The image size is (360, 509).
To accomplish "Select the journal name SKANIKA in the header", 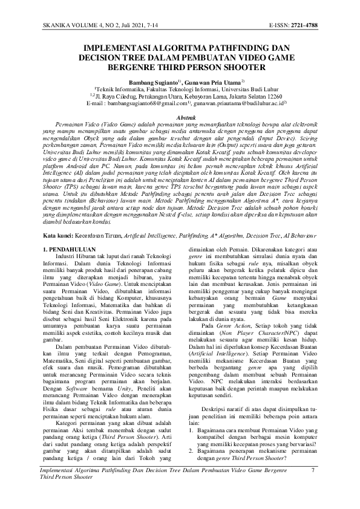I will pyautogui.click(x=55, y=27).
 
